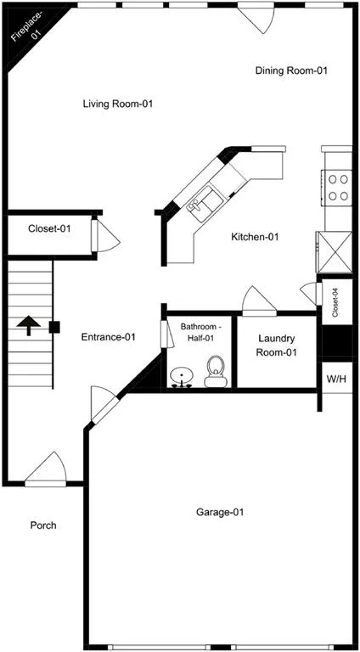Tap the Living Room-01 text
[x=118, y=104]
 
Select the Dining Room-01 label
[x=291, y=70]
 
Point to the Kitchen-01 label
[x=255, y=238]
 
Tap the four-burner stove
[x=338, y=188]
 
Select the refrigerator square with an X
[x=334, y=252]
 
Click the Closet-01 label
[x=49, y=228]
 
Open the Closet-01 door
[x=105, y=236]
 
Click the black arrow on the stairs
[x=29, y=325]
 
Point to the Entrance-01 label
[x=108, y=337]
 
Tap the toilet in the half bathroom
[x=216, y=371]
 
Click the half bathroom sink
[x=182, y=378]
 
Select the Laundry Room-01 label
[x=276, y=346]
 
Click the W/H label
[x=337, y=379]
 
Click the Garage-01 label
[x=220, y=512]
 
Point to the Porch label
[x=43, y=526]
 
